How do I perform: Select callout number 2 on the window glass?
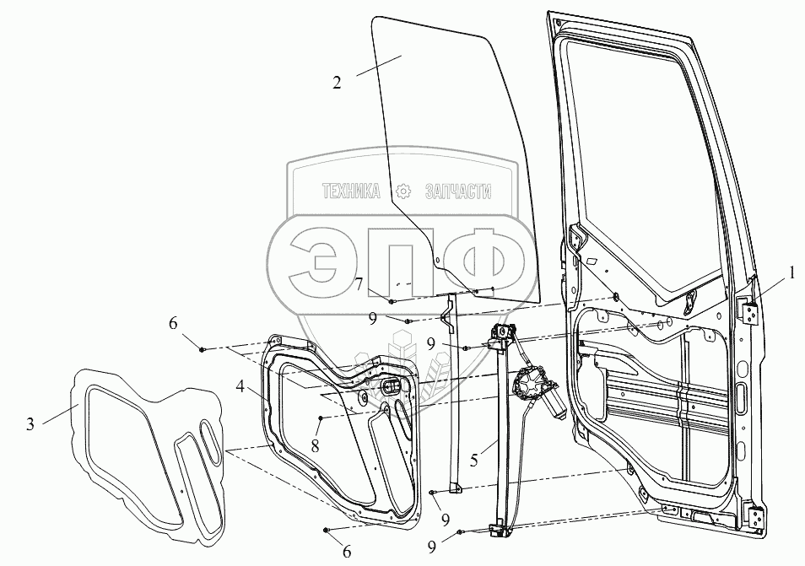tap(337, 83)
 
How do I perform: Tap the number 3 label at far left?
tap(30, 424)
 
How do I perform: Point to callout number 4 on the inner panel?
tap(240, 388)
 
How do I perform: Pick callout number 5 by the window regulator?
tap(474, 461)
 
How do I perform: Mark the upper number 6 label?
tap(173, 323)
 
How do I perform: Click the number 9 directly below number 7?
tap(372, 319)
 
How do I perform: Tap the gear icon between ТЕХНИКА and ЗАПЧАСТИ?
tap(404, 192)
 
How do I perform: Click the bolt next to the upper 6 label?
tap(203, 348)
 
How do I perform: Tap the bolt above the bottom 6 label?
tap(327, 529)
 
